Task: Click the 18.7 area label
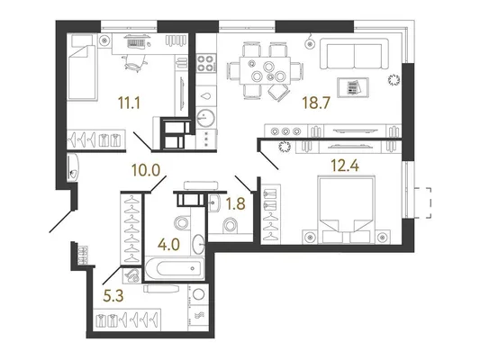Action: pos(316,103)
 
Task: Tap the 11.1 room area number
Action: pos(129,103)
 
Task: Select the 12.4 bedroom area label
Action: pos(345,166)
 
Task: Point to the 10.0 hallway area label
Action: pos(146,170)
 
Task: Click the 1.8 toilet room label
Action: pos(235,203)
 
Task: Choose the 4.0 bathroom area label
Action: pos(168,245)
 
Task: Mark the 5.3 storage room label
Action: pos(113,295)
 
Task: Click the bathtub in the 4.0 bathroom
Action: pos(175,268)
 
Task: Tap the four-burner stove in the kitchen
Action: pos(204,63)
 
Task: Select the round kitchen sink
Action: pos(205,118)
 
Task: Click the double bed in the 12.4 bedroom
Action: pos(346,210)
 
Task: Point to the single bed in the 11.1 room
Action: pos(82,67)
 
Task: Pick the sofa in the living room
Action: pos(354,54)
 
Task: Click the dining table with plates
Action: pos(265,70)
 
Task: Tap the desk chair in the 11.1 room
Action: pos(134,62)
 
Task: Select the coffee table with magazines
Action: pos(353,87)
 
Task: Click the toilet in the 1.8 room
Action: pos(231,225)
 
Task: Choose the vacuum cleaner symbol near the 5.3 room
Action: pos(132,275)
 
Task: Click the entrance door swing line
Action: pos(61,220)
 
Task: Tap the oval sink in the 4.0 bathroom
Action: pos(199,244)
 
